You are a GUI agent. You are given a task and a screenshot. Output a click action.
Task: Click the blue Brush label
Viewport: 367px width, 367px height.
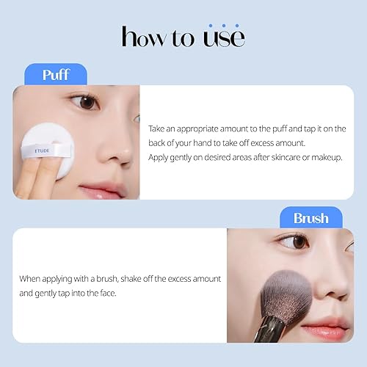click(x=310, y=218)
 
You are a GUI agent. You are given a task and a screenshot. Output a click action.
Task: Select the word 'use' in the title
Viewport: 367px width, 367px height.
click(x=223, y=37)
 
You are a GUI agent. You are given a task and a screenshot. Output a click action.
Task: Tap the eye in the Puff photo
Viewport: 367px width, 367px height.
click(x=87, y=102)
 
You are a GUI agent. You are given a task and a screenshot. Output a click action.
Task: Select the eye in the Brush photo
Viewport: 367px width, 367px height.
click(x=300, y=241)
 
